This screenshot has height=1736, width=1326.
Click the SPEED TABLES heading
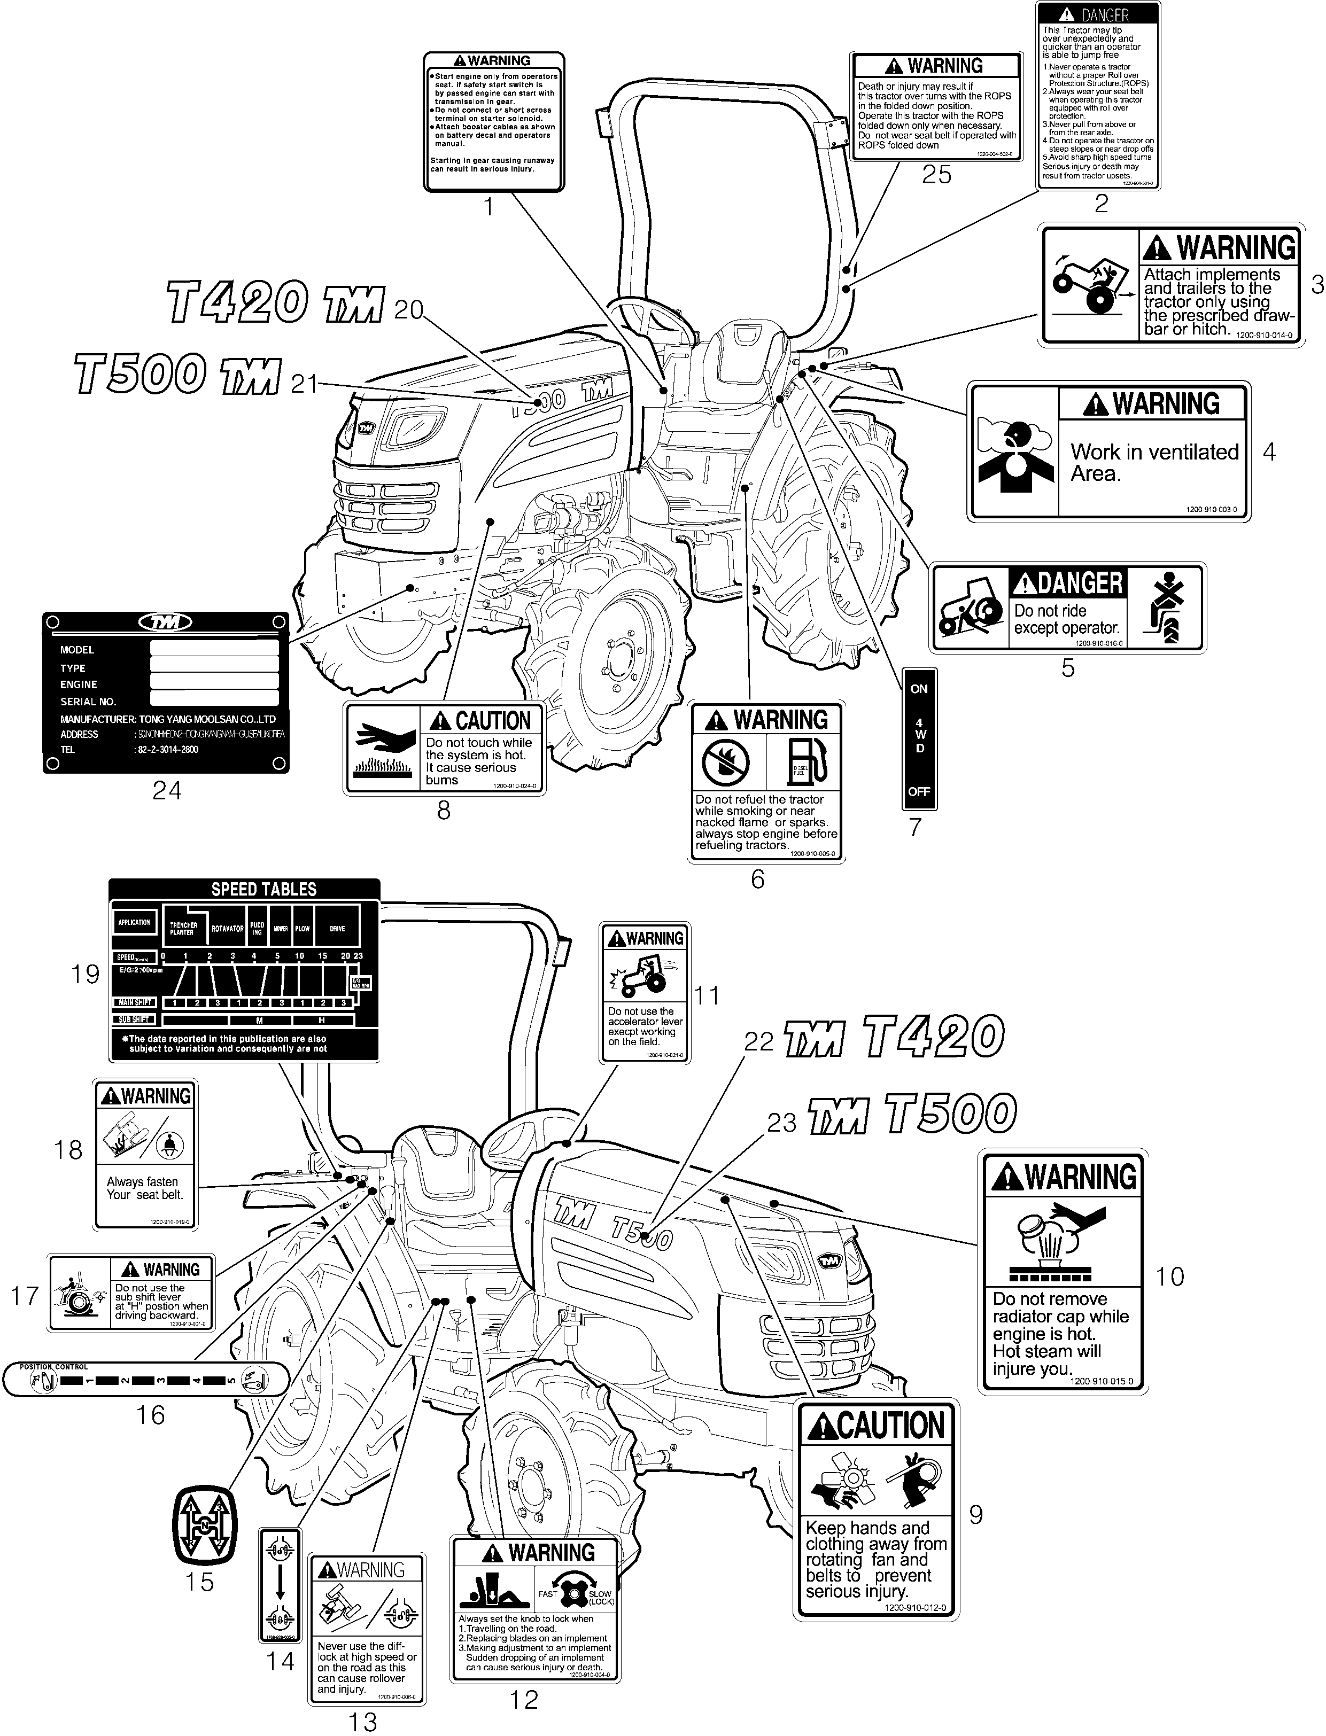(x=263, y=889)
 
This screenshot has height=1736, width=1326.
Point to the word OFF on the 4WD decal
(x=919, y=791)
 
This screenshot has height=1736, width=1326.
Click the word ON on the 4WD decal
(x=919, y=688)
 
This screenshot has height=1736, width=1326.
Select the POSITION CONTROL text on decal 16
(x=53, y=1366)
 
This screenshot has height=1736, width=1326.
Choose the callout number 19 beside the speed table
(x=85, y=974)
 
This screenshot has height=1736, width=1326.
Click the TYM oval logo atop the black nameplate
(x=166, y=622)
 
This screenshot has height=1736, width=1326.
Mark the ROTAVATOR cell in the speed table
(x=227, y=929)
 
